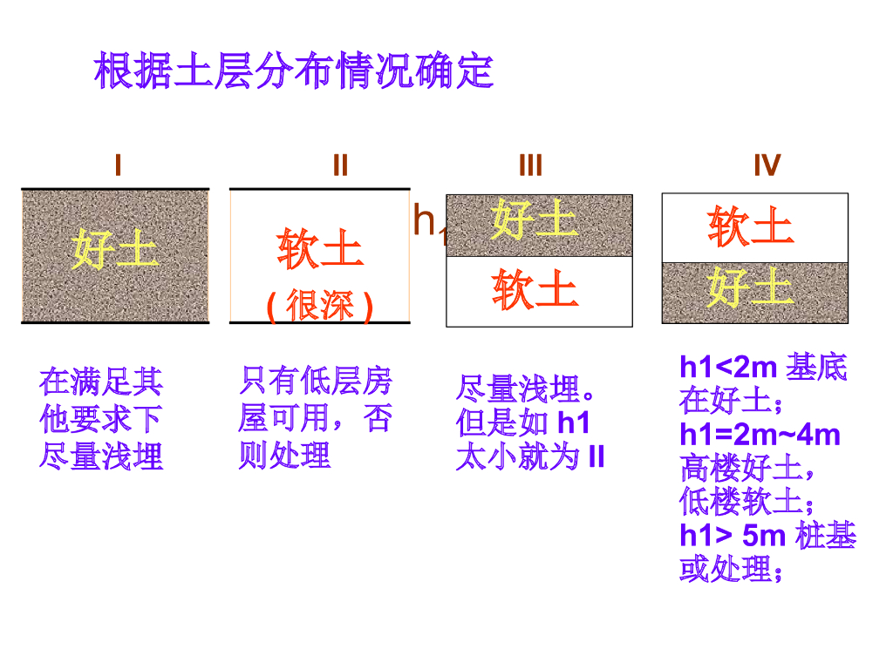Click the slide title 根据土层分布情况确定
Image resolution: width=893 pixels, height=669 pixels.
294,71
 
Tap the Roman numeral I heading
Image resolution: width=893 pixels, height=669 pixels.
118,165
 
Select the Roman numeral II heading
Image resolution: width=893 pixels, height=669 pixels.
340,165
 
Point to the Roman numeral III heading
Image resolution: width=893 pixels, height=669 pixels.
530,165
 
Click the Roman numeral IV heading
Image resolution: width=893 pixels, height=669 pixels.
767,165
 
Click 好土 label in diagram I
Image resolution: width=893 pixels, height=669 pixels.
115,251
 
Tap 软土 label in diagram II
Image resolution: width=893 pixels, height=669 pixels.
320,249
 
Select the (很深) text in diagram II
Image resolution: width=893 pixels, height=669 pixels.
320,306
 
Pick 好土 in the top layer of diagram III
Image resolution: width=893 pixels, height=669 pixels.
534,219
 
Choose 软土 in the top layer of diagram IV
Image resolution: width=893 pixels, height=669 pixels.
751,226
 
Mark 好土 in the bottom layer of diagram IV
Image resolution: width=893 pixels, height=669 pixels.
750,287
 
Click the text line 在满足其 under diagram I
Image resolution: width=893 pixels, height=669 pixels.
101,382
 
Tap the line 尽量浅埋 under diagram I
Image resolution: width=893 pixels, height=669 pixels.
101,456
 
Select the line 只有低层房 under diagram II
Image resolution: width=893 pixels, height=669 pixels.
315,381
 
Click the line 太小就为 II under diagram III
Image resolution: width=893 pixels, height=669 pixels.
530,457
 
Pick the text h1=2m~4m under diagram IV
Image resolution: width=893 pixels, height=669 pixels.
760,434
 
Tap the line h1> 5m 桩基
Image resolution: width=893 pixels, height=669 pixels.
767,535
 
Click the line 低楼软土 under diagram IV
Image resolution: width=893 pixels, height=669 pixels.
747,502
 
